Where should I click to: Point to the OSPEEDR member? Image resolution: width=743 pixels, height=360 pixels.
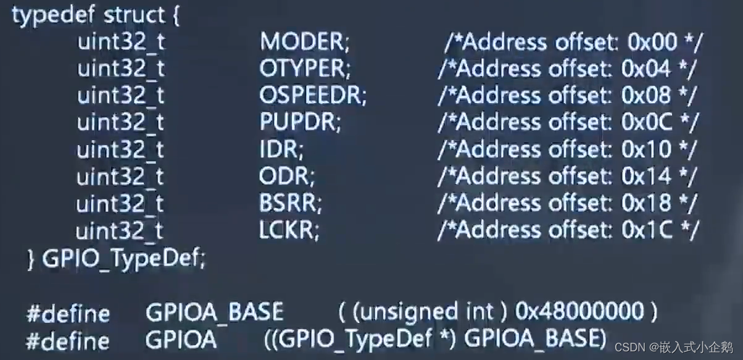point(313,96)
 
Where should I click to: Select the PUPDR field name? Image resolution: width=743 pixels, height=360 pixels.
point(300,122)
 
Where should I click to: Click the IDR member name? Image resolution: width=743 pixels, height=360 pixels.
point(281,149)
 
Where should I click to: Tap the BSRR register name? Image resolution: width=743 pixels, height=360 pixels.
point(290,203)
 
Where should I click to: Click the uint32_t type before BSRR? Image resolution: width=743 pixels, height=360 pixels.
point(120,203)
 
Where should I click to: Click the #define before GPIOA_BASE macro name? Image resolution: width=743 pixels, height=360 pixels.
point(68,314)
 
